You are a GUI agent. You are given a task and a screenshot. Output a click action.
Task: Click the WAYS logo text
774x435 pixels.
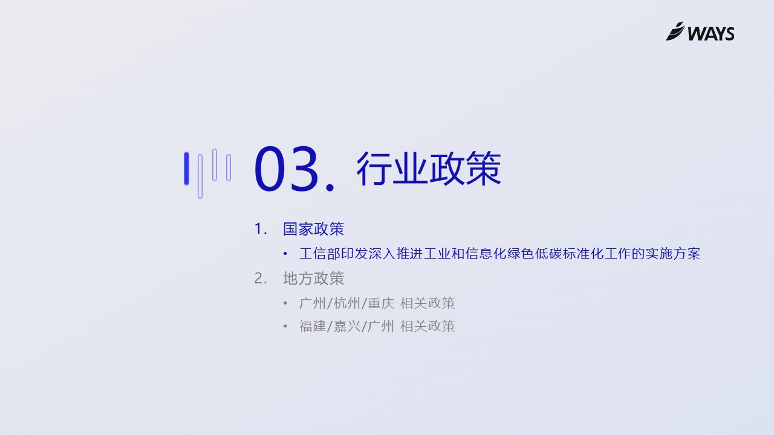point(711,34)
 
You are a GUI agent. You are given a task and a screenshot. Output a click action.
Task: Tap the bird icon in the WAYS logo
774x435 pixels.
point(675,31)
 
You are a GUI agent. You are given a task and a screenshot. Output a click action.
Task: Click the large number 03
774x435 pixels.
point(286,169)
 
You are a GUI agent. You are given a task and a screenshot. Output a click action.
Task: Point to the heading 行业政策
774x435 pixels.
point(429,169)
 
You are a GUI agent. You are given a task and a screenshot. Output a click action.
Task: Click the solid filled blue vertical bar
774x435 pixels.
point(187,169)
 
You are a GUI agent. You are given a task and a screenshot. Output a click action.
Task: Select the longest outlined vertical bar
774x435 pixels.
point(200,176)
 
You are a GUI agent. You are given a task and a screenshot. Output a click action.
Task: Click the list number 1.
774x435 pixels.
point(260,229)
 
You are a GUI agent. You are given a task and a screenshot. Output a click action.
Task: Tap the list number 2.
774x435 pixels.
point(260,279)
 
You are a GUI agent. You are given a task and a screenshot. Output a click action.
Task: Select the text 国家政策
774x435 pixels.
point(313,229)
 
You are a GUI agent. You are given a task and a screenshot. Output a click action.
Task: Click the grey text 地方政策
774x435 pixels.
point(313,279)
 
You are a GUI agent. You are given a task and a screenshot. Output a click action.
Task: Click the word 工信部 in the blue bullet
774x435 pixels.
point(320,254)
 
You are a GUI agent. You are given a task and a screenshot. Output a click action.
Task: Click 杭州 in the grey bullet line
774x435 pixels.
point(347,303)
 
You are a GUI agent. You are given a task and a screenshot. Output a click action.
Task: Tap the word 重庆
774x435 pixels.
point(381,303)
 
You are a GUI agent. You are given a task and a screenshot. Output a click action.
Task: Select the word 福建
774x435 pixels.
point(313,326)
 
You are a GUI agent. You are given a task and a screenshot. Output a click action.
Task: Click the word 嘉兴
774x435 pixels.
point(347,326)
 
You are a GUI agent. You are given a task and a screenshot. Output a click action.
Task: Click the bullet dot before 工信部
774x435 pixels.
point(285,254)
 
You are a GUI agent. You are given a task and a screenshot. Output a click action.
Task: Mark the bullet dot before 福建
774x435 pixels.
point(285,326)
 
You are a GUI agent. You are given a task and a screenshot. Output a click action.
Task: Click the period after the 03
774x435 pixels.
point(330,187)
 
